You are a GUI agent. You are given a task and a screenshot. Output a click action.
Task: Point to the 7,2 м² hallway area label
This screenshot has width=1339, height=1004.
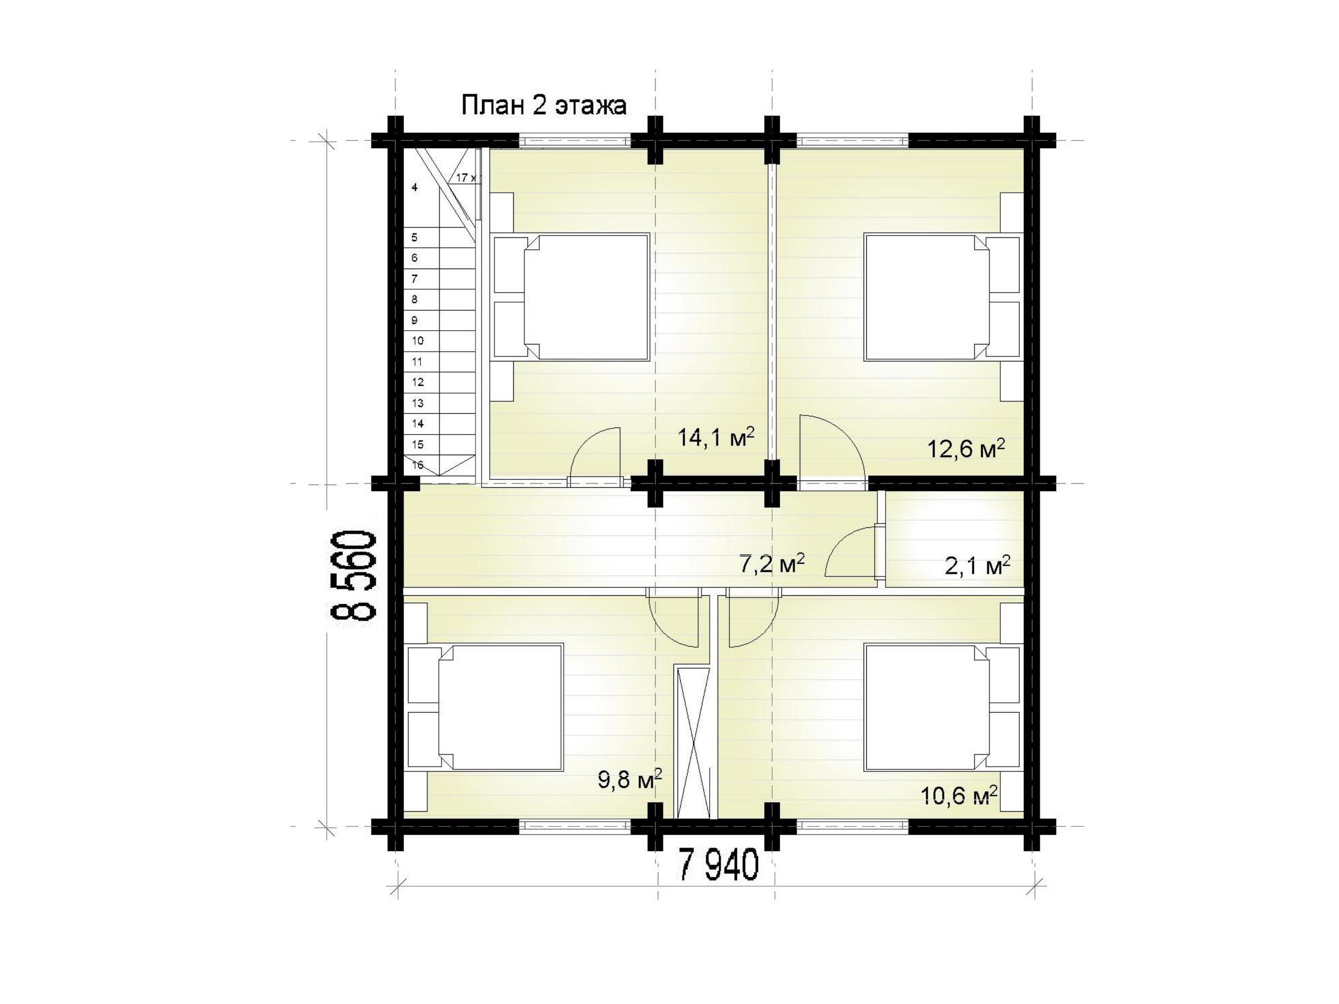(x=772, y=564)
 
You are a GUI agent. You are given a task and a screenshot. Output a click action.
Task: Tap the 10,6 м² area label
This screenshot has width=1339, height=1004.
(x=959, y=795)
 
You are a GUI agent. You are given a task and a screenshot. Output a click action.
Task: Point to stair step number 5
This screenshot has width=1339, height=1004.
(x=415, y=237)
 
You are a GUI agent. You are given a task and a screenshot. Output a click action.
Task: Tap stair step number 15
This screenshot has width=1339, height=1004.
(x=418, y=444)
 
